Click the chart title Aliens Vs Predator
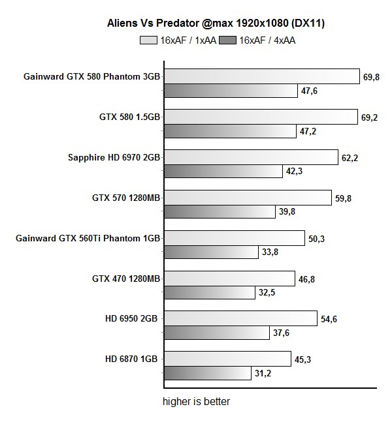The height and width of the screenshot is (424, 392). click(216, 23)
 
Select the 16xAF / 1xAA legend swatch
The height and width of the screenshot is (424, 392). click(149, 40)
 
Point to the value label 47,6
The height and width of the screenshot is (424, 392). click(309, 91)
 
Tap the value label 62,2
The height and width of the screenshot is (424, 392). click(350, 158)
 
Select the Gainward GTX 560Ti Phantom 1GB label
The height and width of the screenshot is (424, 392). click(88, 239)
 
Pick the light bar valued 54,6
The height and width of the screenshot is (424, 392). click(240, 319)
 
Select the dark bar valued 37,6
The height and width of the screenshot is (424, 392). click(216, 333)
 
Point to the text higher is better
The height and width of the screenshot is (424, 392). click(196, 402)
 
